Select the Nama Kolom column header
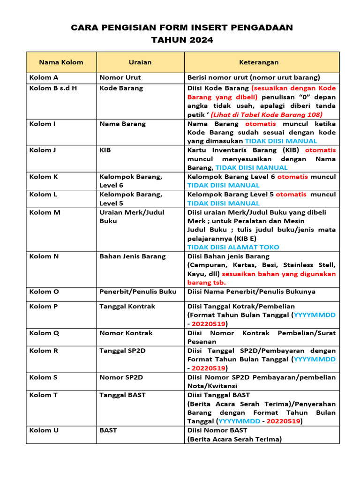coord(61,62)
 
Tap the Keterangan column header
coord(259,62)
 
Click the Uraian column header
coord(140,62)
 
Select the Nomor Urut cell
coord(120,77)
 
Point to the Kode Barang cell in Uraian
coord(121,88)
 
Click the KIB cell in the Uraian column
coord(105,150)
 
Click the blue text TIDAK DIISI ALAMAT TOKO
coord(233,247)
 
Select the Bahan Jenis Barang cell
coord(133,256)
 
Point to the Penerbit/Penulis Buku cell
coord(138,292)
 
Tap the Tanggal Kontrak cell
coord(127,307)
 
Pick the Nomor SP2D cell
coord(121,377)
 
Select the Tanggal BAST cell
coord(122,395)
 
